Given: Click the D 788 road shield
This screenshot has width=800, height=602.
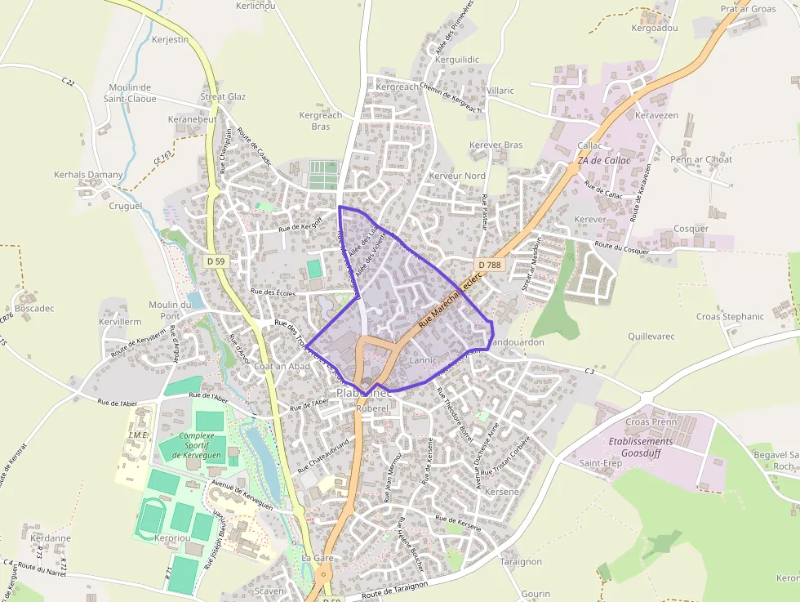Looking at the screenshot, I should (490, 265).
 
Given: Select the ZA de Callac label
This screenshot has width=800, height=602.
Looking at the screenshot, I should (604, 161).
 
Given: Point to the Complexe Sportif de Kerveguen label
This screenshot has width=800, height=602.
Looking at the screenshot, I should (196, 445).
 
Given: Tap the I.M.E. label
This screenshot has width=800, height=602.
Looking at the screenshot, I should (139, 435).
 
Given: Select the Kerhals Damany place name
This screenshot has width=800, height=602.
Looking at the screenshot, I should (88, 175).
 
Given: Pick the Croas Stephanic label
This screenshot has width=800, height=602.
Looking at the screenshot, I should (730, 317).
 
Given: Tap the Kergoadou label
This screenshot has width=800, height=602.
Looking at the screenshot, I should (655, 28).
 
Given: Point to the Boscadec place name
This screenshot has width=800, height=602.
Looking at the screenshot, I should (34, 309).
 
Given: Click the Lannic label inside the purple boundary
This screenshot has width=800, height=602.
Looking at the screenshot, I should (423, 360).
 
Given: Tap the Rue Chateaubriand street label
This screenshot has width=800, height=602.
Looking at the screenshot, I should (323, 455).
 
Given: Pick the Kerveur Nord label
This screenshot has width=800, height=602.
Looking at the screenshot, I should (457, 176).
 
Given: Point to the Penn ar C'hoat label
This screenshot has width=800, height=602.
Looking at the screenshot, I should (701, 159).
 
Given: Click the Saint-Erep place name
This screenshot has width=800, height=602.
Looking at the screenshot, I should (601, 463).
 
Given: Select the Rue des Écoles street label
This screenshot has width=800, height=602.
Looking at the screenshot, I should (273, 292).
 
